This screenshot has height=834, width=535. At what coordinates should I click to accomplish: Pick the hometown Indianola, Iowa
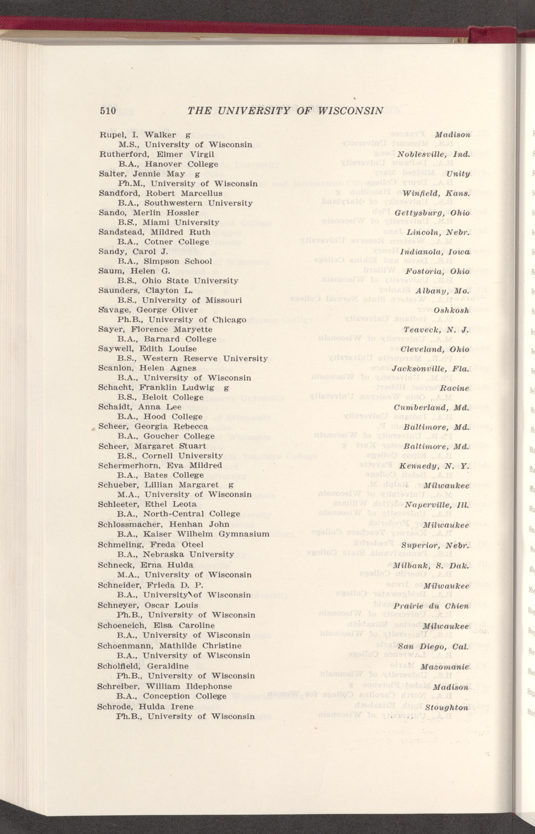click(x=435, y=252)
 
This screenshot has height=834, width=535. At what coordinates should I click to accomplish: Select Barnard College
click(x=180, y=339)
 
